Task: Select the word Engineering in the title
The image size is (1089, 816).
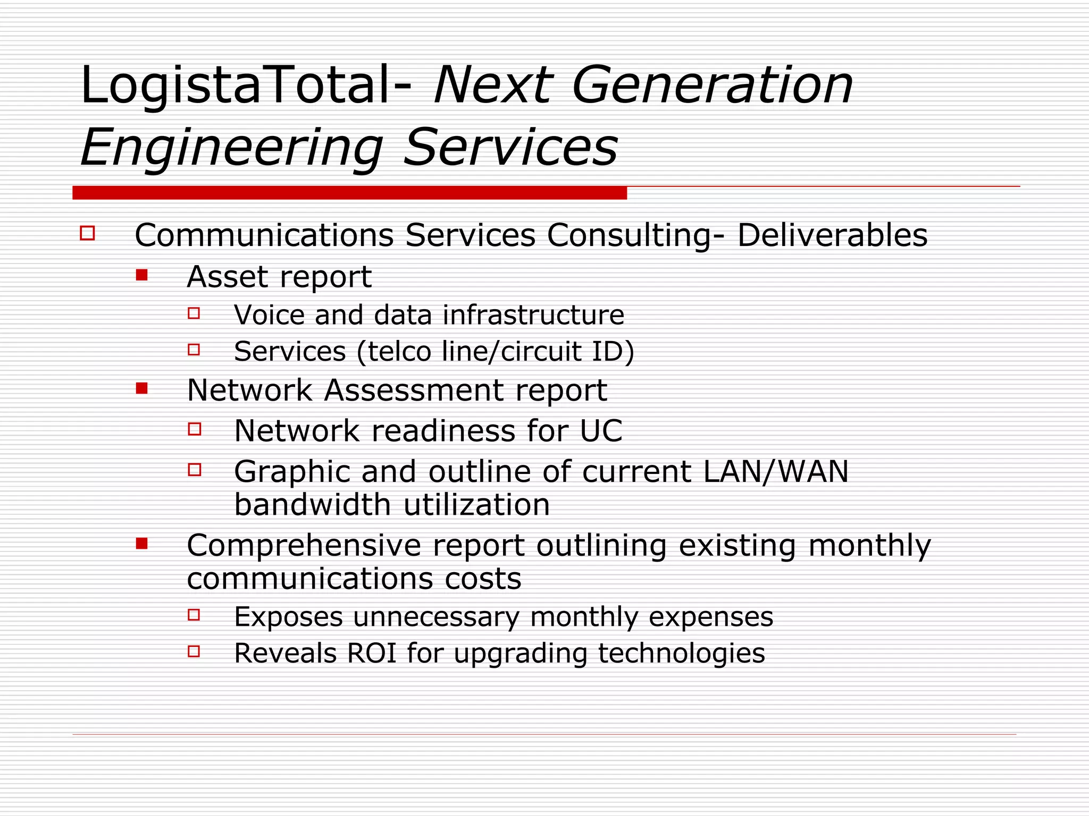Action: coord(232,147)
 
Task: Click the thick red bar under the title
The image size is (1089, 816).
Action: coord(349,193)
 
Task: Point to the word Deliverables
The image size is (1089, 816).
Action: coord(832,235)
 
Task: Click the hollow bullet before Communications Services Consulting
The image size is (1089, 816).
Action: coord(88,233)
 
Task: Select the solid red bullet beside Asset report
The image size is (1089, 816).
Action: coord(141,275)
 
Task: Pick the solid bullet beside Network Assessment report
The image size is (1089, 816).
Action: coord(141,388)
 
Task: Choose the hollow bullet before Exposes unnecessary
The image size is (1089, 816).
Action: coord(194,615)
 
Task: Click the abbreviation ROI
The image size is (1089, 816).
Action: coord(371,653)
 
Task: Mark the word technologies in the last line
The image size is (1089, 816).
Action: coord(681,653)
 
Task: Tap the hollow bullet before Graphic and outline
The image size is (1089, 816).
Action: coord(195,470)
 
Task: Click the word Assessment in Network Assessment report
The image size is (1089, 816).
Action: coord(414,390)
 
